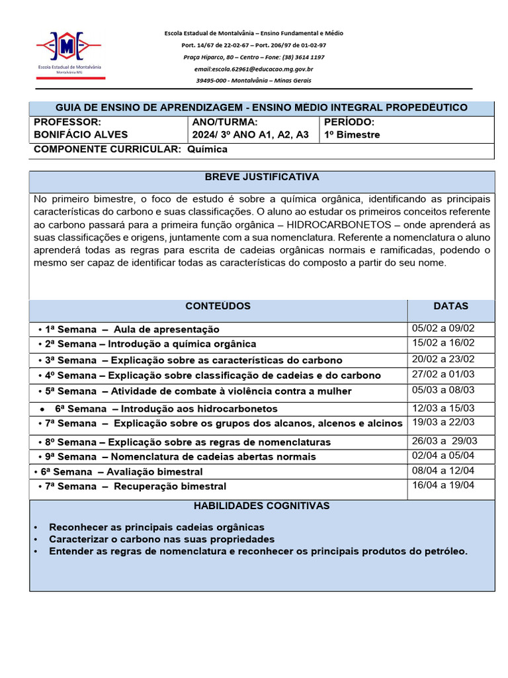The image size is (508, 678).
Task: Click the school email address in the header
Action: click(253, 69)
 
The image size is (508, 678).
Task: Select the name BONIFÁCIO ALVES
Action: click(81, 135)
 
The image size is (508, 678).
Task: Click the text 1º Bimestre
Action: click(352, 135)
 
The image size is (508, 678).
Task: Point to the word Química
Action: click(207, 150)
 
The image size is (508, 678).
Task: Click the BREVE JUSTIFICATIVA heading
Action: click(262, 177)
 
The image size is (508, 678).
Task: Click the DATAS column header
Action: click(450, 307)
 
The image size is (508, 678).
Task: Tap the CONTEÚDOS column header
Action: click(218, 307)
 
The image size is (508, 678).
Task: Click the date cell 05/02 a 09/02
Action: click(443, 328)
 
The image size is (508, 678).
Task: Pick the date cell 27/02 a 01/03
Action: click(443, 375)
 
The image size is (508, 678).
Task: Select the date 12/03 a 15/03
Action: click(443, 408)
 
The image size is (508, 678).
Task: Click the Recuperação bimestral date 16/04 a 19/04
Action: click(443, 485)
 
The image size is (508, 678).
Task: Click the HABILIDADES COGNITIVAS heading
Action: click(261, 507)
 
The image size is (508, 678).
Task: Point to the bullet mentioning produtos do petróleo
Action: click(258, 552)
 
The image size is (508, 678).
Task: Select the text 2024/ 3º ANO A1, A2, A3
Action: click(250, 135)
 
